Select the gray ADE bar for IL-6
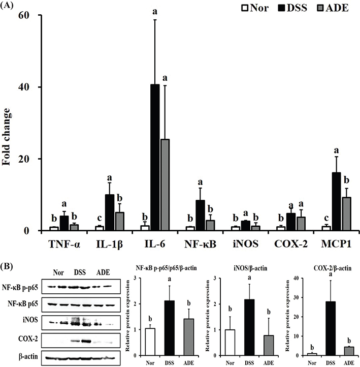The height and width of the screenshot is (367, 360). (165, 185)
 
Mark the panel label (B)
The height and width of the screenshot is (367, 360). (9, 265)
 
